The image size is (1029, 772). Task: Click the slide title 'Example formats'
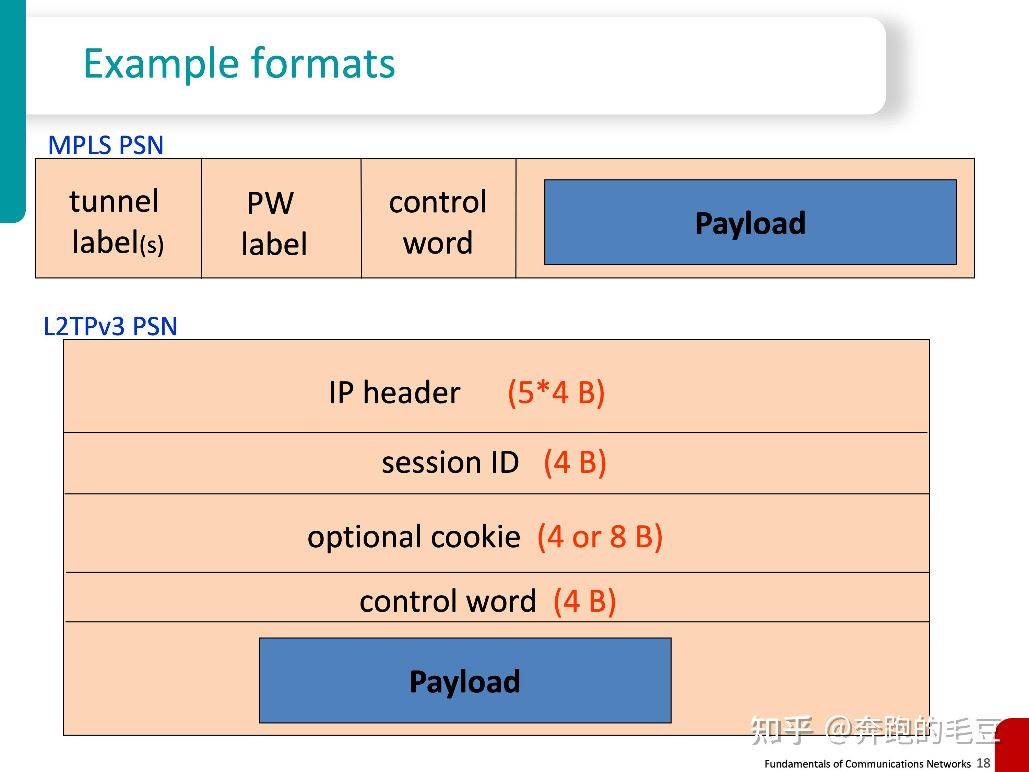click(x=239, y=64)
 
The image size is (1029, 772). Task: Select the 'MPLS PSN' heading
click(x=106, y=145)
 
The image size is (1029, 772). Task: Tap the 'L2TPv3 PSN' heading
click(x=110, y=326)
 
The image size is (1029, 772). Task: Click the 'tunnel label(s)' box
click(x=118, y=219)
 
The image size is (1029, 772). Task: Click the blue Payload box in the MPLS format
click(x=750, y=222)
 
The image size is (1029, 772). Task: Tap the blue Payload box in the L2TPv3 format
click(x=465, y=681)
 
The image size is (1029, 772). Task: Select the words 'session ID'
click(x=450, y=463)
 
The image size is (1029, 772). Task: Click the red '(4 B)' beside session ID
click(x=575, y=463)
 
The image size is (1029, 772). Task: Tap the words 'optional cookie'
click(x=414, y=537)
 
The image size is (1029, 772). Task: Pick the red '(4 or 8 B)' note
click(x=600, y=537)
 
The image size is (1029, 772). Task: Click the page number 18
click(x=983, y=763)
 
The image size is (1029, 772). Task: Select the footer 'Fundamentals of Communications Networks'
click(x=867, y=764)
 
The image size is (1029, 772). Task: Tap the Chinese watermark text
click(x=875, y=730)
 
